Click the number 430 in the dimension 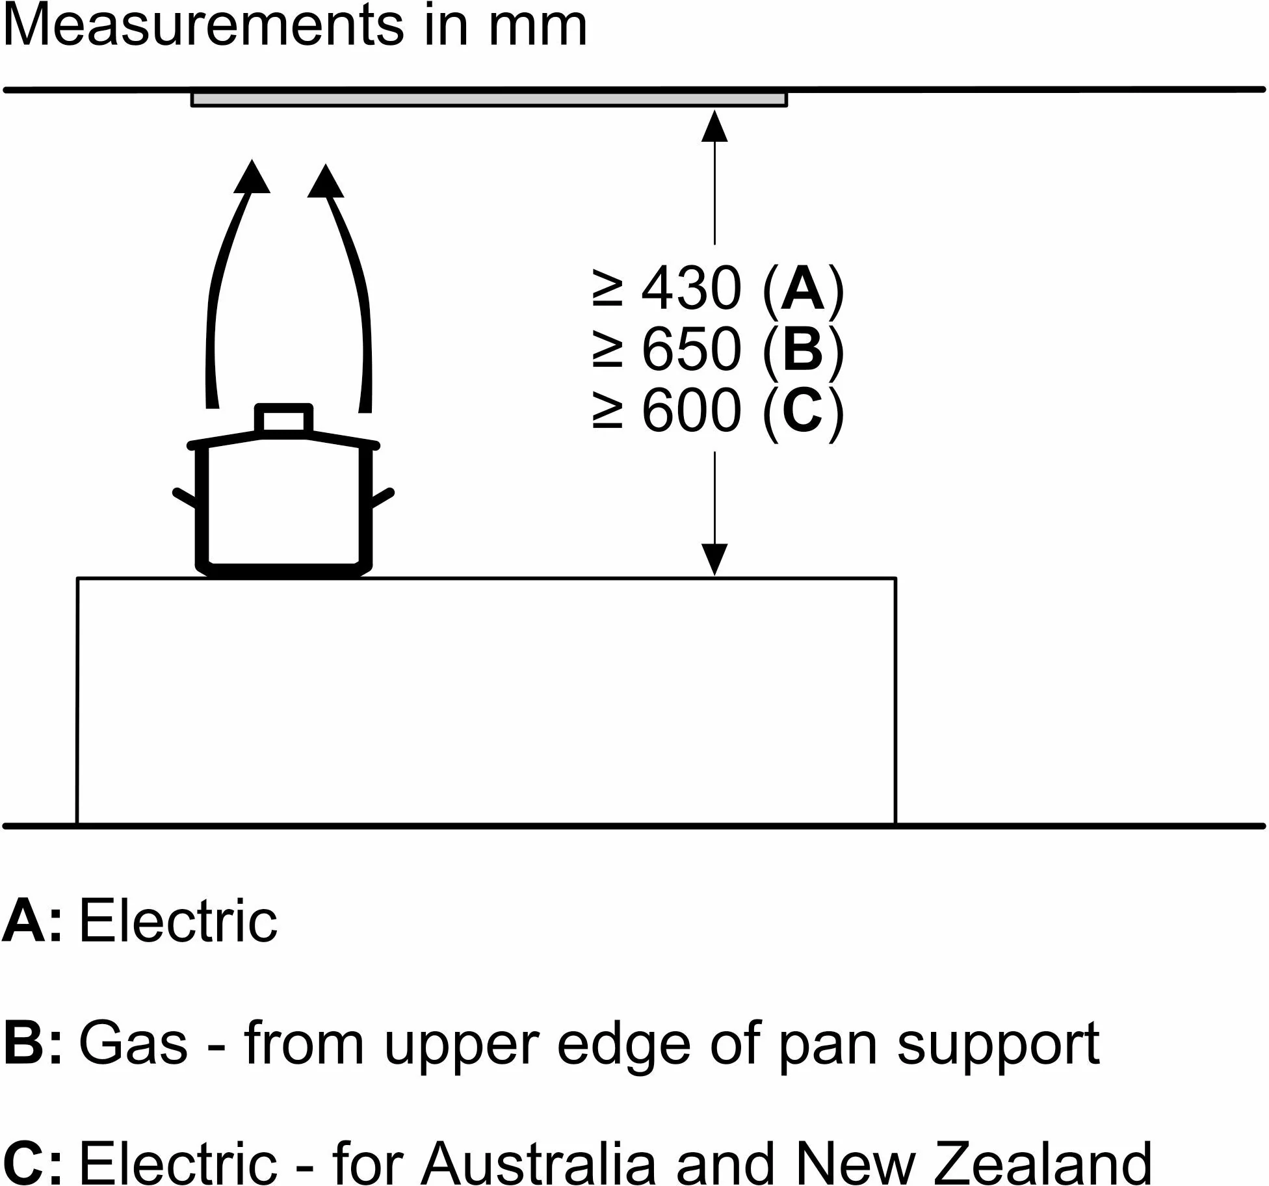pos(691,288)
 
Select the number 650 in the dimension pos(691,349)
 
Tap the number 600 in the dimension pos(691,410)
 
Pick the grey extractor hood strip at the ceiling pos(489,99)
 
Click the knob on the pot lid pos(284,419)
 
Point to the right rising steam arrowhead pos(325,180)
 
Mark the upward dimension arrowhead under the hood pos(714,126)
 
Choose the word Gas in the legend pos(133,1044)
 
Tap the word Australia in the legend pos(539,1161)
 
